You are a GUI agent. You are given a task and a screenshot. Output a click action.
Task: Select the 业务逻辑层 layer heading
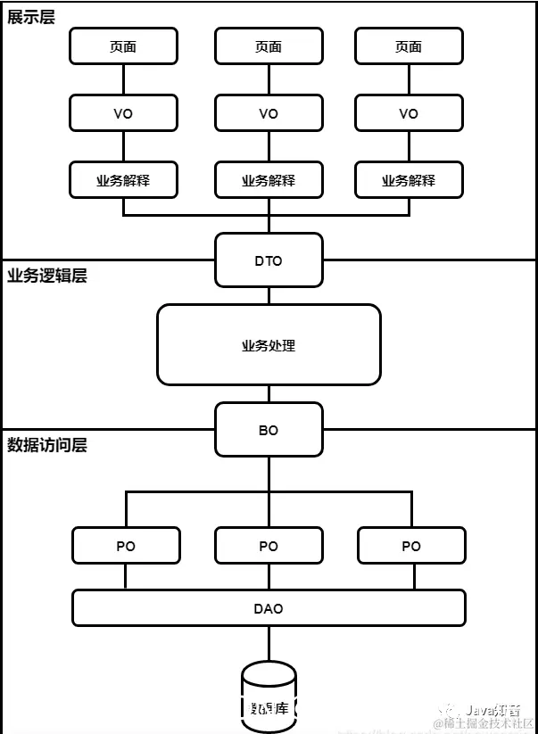[47, 276]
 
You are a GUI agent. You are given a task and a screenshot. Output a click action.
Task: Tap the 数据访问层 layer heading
[47, 444]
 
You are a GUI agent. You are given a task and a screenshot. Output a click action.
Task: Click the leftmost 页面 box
[123, 46]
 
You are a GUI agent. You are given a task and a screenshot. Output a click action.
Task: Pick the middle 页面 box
[269, 46]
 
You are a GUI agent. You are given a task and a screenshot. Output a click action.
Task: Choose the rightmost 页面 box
[409, 46]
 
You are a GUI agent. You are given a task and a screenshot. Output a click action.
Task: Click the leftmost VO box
[123, 113]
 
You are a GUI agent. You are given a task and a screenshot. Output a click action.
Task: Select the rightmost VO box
[409, 113]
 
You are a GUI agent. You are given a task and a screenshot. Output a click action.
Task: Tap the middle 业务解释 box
[269, 180]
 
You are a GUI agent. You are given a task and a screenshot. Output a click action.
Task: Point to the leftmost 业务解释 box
[123, 180]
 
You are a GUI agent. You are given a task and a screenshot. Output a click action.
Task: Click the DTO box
[269, 260]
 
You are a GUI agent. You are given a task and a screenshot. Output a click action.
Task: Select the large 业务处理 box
[269, 345]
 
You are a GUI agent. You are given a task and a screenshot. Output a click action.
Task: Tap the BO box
[269, 430]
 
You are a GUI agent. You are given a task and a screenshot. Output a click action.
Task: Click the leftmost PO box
[126, 546]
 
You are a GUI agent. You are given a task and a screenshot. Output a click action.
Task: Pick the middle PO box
[269, 546]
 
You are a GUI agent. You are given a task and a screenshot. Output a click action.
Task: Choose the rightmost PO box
[411, 546]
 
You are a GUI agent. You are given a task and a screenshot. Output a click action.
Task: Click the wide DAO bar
[269, 608]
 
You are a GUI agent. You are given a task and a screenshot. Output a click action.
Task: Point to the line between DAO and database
[269, 644]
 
